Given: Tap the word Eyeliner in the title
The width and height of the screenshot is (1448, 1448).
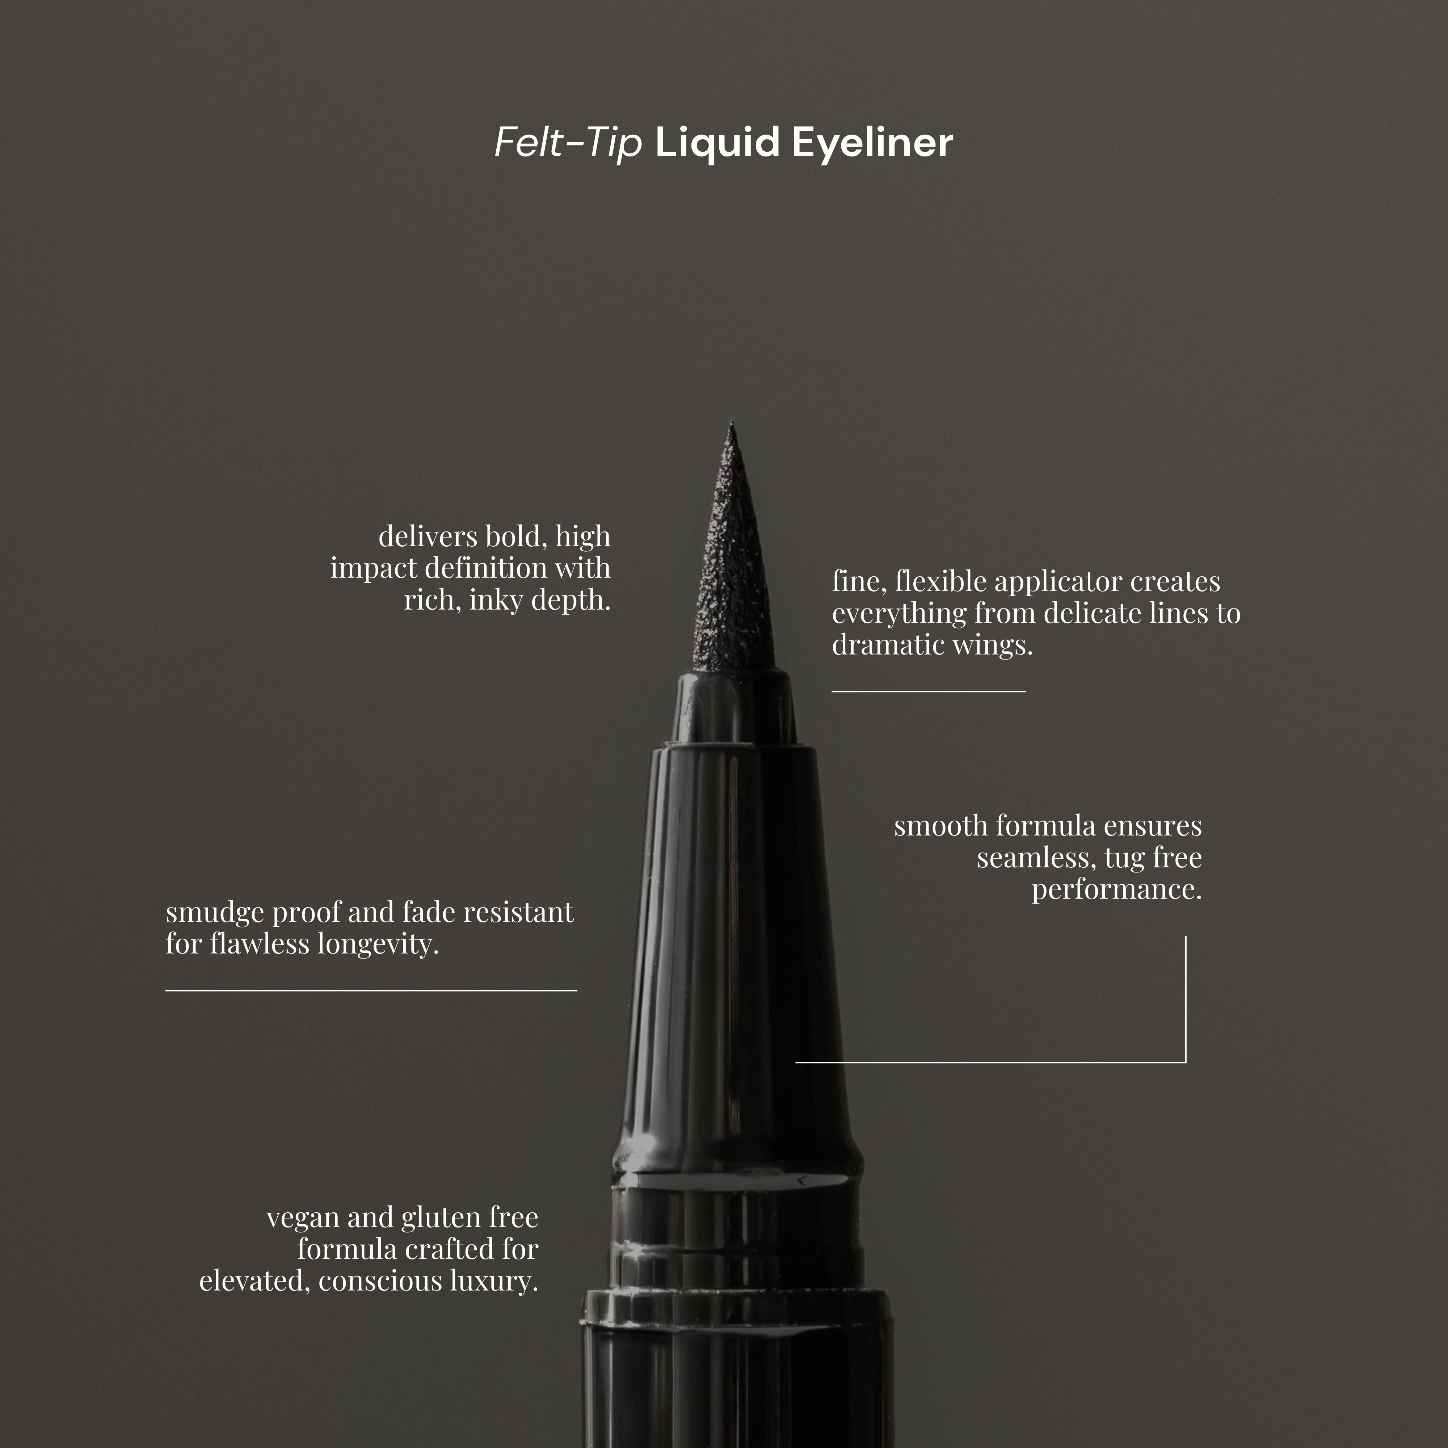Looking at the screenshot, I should tap(872, 142).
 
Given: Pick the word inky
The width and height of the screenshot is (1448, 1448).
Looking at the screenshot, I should tap(496, 599).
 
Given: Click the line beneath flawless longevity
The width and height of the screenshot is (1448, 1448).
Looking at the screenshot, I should tap(371, 990).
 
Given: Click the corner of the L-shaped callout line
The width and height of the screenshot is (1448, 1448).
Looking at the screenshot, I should tap(1185, 1061).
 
